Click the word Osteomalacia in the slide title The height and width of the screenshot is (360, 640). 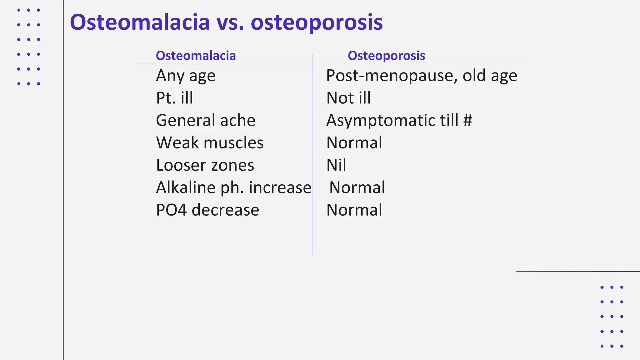coord(140,22)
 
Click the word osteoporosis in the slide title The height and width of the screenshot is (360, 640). coord(317,22)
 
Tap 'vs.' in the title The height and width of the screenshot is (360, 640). coord(230,22)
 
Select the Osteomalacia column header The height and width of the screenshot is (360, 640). coord(196,56)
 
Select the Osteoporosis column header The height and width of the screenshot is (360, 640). coord(386,56)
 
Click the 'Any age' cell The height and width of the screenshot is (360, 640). coord(186,76)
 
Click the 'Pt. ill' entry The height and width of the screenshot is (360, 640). coord(174,98)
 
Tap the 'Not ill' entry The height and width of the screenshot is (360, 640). coord(348,98)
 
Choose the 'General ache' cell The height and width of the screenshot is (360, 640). coord(206,121)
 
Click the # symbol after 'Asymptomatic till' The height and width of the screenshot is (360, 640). coord(467,121)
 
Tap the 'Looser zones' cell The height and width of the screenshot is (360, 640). coord(205,165)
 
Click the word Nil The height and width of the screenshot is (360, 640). coord(336,165)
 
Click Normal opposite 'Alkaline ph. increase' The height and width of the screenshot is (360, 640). coord(357,188)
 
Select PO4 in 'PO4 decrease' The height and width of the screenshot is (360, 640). coord(172,210)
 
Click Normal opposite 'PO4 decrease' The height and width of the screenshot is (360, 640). coord(354,210)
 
